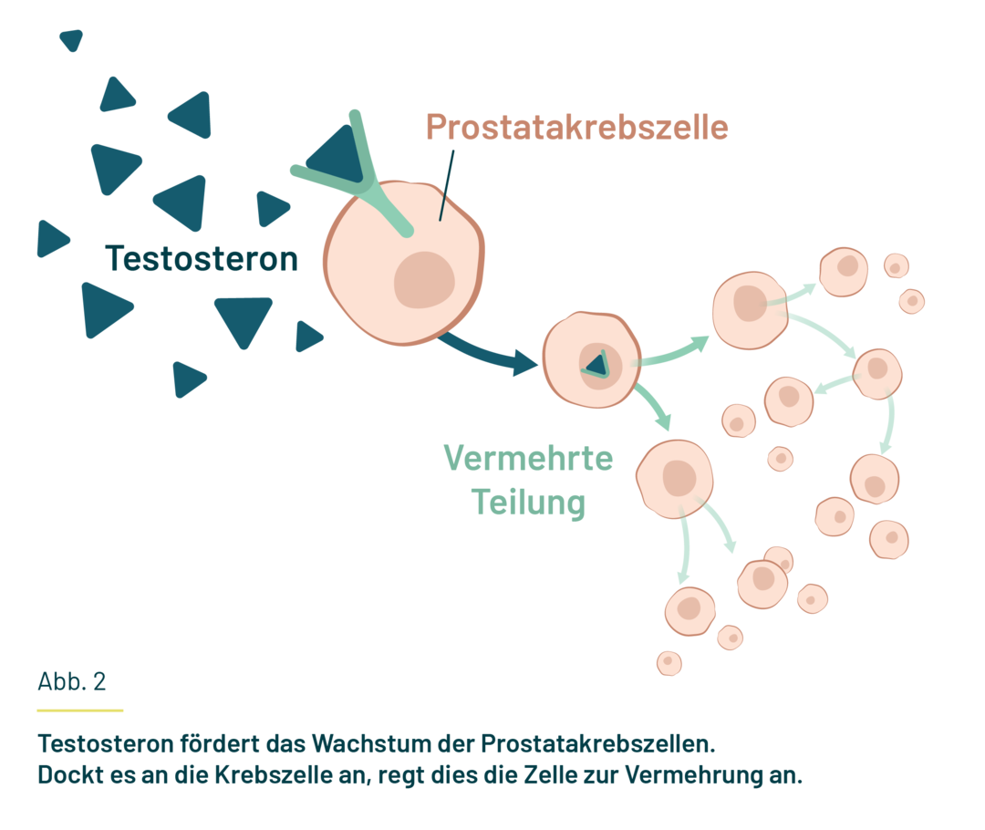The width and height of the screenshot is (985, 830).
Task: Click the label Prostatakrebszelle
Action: (576, 127)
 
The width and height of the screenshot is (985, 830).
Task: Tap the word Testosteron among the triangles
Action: (202, 258)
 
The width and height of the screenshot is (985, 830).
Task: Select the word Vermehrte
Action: (528, 458)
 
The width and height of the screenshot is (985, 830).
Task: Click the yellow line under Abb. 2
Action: (79, 710)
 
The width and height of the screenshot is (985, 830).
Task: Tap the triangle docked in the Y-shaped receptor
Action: (334, 152)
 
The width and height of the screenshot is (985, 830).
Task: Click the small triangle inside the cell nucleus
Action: (596, 364)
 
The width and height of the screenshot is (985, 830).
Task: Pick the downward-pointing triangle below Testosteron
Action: (244, 319)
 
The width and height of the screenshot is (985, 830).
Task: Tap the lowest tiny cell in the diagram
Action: (669, 663)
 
